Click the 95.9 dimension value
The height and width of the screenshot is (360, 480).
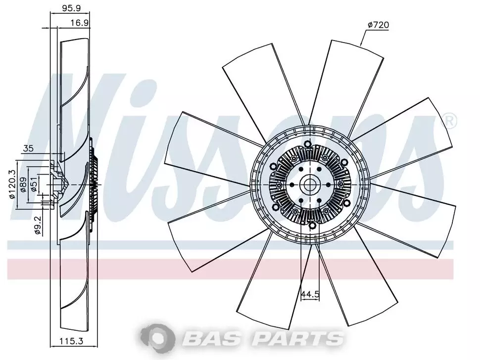71,8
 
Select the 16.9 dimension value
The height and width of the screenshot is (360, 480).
80,23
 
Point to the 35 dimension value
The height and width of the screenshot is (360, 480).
28,148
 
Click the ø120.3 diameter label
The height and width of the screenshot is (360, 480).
12,184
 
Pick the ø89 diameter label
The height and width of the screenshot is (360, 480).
23,184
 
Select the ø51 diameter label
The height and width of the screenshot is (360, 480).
34,183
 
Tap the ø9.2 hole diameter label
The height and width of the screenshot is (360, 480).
38,225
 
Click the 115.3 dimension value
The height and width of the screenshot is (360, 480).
71,340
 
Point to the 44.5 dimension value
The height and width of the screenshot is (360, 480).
310,294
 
